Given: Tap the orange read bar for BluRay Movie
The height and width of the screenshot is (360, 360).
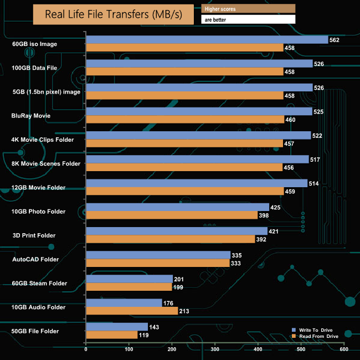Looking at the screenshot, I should pyautogui.click(x=185, y=119).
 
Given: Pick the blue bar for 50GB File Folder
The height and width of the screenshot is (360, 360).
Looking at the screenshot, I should pyautogui.click(x=117, y=327).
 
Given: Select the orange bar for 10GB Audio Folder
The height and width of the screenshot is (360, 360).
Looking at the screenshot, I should pyautogui.click(x=132, y=311).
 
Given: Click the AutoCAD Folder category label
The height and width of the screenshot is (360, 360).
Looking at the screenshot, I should pyautogui.click(x=35, y=259).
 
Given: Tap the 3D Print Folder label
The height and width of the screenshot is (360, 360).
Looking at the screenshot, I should pyautogui.click(x=34, y=235).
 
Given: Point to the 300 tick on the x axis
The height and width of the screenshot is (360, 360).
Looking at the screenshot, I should pyautogui.click(x=215, y=349).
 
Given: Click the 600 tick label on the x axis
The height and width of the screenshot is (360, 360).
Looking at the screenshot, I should pyautogui.click(x=344, y=349).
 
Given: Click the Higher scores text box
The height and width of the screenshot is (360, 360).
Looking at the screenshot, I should pyautogui.click(x=248, y=9).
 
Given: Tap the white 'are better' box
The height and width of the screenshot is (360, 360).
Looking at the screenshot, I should pyautogui.click(x=248, y=19).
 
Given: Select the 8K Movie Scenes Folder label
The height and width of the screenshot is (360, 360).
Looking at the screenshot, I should pyautogui.click(x=46, y=163).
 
